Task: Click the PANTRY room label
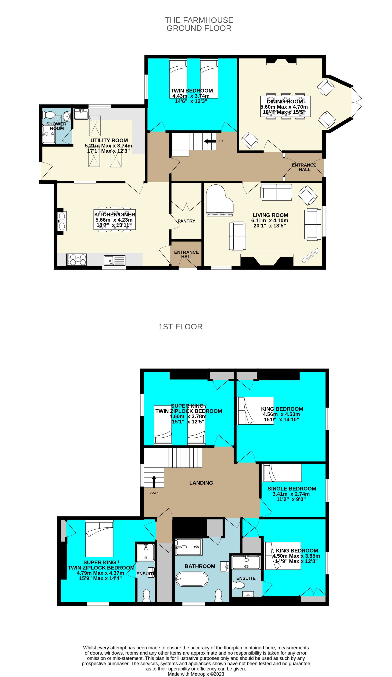click(x=186, y=221)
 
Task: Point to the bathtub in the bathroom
click(x=192, y=579)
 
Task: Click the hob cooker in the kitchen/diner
click(x=77, y=260)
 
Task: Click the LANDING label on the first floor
click(x=201, y=483)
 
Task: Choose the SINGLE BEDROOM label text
click(x=292, y=489)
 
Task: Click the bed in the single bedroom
click(x=282, y=473)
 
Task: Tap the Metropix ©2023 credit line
click(x=196, y=674)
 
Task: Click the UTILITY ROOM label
click(x=109, y=140)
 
